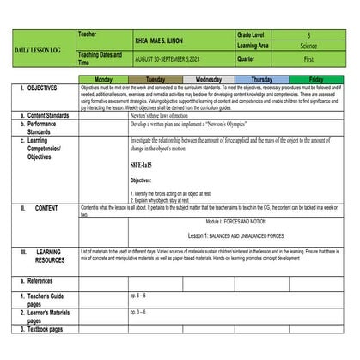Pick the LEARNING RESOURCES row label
[52, 256]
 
